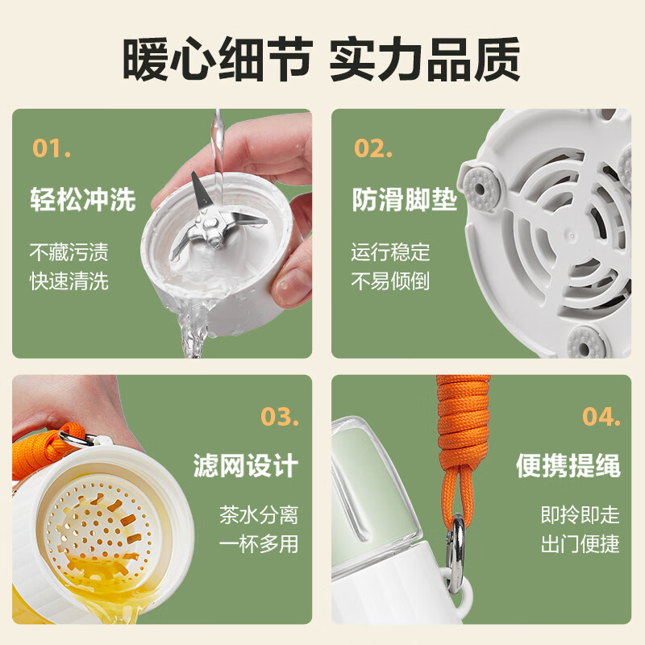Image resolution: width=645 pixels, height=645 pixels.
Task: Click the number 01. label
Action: pos(52,148)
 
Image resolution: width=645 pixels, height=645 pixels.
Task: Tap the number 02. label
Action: pos(373,148)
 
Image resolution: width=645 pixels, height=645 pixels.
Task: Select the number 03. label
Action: pos(280,417)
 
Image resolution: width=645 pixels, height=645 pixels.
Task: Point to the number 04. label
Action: pos(601,417)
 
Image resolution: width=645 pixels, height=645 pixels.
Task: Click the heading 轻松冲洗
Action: pos(83,200)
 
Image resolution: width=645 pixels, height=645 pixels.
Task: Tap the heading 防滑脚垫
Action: pos(405,200)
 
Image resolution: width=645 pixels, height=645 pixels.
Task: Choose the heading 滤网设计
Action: pos(246,466)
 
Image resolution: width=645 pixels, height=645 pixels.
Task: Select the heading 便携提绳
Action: pos(568,466)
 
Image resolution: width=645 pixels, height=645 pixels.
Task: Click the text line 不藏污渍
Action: pos(69,252)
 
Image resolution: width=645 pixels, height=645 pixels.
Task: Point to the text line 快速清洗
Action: pos(69,281)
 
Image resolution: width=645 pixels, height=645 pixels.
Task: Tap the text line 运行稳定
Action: pos(390,252)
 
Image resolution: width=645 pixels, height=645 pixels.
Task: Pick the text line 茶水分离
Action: pos(259,515)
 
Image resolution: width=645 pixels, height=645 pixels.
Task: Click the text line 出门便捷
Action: pos(580,544)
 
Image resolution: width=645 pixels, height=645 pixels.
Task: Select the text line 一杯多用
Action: pos(259,544)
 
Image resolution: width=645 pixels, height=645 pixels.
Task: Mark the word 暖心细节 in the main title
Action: pos(218,59)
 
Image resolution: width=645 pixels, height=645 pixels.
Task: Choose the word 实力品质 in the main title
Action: pos(426,59)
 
